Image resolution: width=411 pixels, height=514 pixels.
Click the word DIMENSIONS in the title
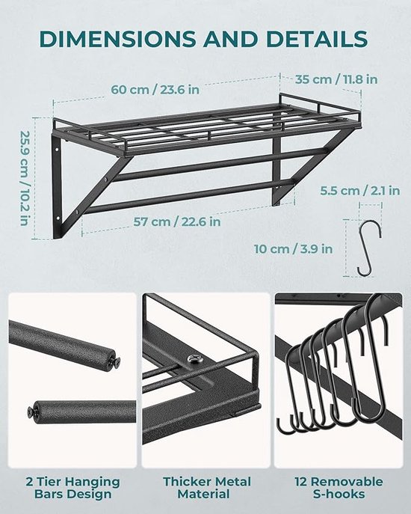pyautogui.click(x=117, y=39)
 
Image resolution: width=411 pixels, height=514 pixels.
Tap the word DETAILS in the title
pyautogui.click(x=317, y=39)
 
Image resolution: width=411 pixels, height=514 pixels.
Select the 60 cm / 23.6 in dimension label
pyautogui.click(x=155, y=90)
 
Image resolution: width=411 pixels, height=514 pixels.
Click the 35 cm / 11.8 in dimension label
pyautogui.click(x=336, y=79)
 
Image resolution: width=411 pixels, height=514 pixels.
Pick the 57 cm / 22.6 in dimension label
pyautogui.click(x=177, y=221)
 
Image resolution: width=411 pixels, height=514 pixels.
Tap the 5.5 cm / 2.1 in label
pyautogui.click(x=360, y=191)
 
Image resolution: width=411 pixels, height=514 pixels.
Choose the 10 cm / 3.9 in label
pyautogui.click(x=294, y=249)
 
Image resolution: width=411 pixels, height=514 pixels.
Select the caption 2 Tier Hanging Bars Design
pyautogui.click(x=72, y=488)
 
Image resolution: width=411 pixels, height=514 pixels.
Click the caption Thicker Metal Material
pyautogui.click(x=207, y=488)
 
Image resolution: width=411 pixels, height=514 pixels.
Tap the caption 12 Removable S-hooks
pyautogui.click(x=339, y=488)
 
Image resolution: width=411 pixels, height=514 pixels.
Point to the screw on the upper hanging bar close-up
pyautogui.click(x=115, y=362)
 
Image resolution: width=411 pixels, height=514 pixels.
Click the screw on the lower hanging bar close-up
pyautogui.click(x=31, y=411)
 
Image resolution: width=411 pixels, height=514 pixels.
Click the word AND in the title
pyautogui.click(x=231, y=39)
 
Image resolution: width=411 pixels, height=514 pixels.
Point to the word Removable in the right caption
pyautogui.click(x=347, y=482)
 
